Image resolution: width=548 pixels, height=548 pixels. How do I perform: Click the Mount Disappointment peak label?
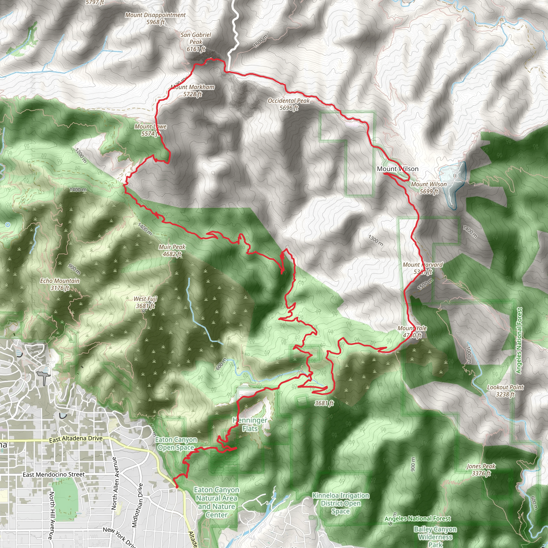pos(155,18)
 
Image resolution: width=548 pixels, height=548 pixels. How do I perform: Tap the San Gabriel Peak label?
pos(196,42)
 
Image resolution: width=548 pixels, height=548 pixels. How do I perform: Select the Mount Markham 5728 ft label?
pos(193,90)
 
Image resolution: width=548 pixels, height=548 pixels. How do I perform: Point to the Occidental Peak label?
pos(289,104)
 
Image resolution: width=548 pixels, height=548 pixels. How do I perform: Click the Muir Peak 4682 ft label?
pos(172,250)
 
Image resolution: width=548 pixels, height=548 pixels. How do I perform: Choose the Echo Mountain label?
pos(60,284)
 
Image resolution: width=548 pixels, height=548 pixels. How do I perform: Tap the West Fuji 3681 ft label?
pos(146,302)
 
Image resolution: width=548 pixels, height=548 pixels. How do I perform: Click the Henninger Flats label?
pos(250,424)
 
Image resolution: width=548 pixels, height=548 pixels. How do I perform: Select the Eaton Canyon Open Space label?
pos(176,444)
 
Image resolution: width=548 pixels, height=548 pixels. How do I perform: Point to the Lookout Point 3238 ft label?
pos(505,391)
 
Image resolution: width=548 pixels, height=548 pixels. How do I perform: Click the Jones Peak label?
pos(481,470)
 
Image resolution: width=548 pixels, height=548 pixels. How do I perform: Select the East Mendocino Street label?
pos(54,474)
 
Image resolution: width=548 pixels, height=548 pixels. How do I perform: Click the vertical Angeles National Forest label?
pos(519,340)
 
